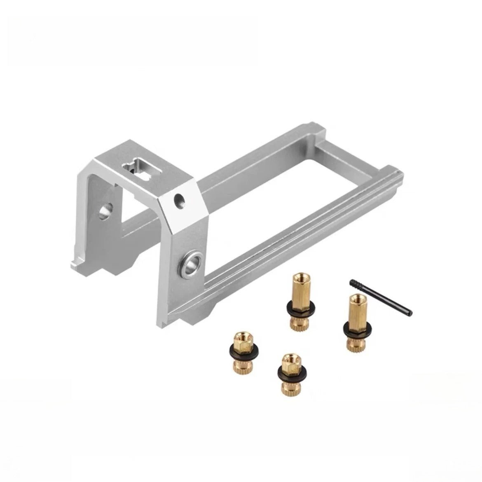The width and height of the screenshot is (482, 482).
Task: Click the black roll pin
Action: click(380, 296)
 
